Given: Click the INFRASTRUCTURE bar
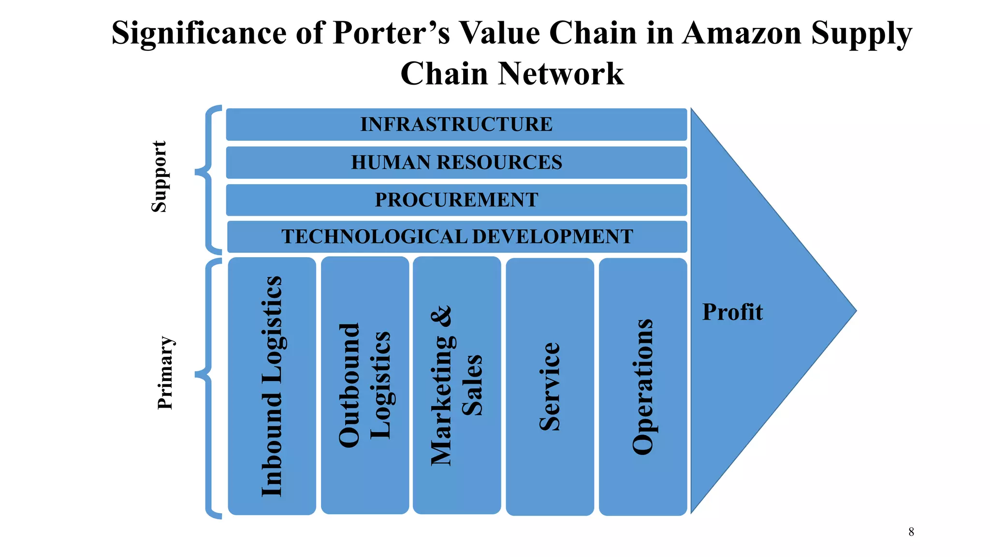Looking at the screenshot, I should [456, 125].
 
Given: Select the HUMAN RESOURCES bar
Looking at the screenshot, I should [456, 162].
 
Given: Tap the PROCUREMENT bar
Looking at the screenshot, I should [456, 200].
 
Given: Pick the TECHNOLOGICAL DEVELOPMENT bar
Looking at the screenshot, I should [457, 237].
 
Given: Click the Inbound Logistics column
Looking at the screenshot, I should [272, 386].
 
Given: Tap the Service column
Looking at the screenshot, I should [550, 386].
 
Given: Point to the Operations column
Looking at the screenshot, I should [642, 386].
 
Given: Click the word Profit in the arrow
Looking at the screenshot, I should [732, 312].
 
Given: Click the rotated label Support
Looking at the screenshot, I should [159, 177].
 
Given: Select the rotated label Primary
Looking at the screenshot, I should [165, 373].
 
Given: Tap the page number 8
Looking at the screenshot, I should [911, 532].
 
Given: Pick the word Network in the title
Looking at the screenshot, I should [561, 74].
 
